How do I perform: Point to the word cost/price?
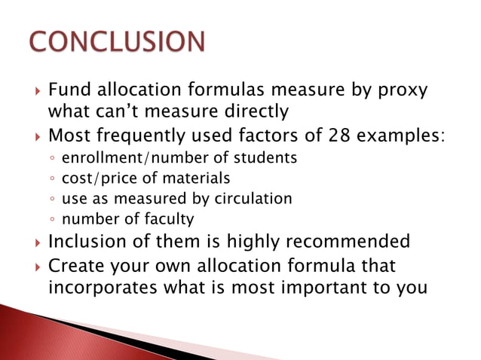95,178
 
